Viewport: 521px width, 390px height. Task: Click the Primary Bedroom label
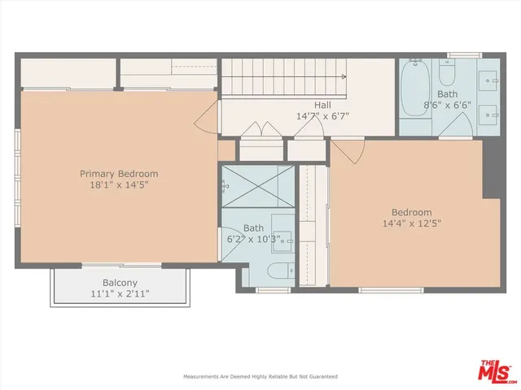(119, 173)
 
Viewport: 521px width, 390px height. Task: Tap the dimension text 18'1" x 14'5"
(119, 184)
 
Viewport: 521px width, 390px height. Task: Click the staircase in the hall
(285, 78)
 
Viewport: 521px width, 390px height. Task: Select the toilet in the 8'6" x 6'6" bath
(447, 76)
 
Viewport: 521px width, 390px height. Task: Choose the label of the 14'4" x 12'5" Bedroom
(412, 213)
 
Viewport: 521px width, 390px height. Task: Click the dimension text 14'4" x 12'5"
(412, 223)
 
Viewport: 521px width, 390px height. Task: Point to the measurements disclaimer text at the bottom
(260, 377)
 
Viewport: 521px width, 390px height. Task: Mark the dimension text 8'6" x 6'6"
(448, 105)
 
